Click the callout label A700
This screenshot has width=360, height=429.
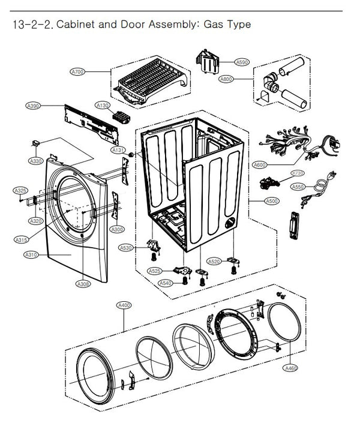pos(78,72)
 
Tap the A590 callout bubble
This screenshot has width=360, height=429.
pos(242,62)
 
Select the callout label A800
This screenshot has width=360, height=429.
pos(227,79)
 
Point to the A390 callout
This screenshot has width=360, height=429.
pos(33,106)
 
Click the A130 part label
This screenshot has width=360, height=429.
pos(103,105)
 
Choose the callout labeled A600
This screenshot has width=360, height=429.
pos(259,164)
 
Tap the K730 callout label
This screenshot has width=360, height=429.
pos(298,173)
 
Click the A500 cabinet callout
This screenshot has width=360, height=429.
pos(271,202)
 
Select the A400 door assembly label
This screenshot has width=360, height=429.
pos(123,305)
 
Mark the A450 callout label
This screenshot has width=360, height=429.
pos(291,367)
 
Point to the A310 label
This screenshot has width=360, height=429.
pos(31,255)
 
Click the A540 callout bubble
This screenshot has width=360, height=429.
pos(165,283)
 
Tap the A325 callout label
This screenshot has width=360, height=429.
pos(20,191)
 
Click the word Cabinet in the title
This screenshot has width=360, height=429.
pos(77,25)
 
